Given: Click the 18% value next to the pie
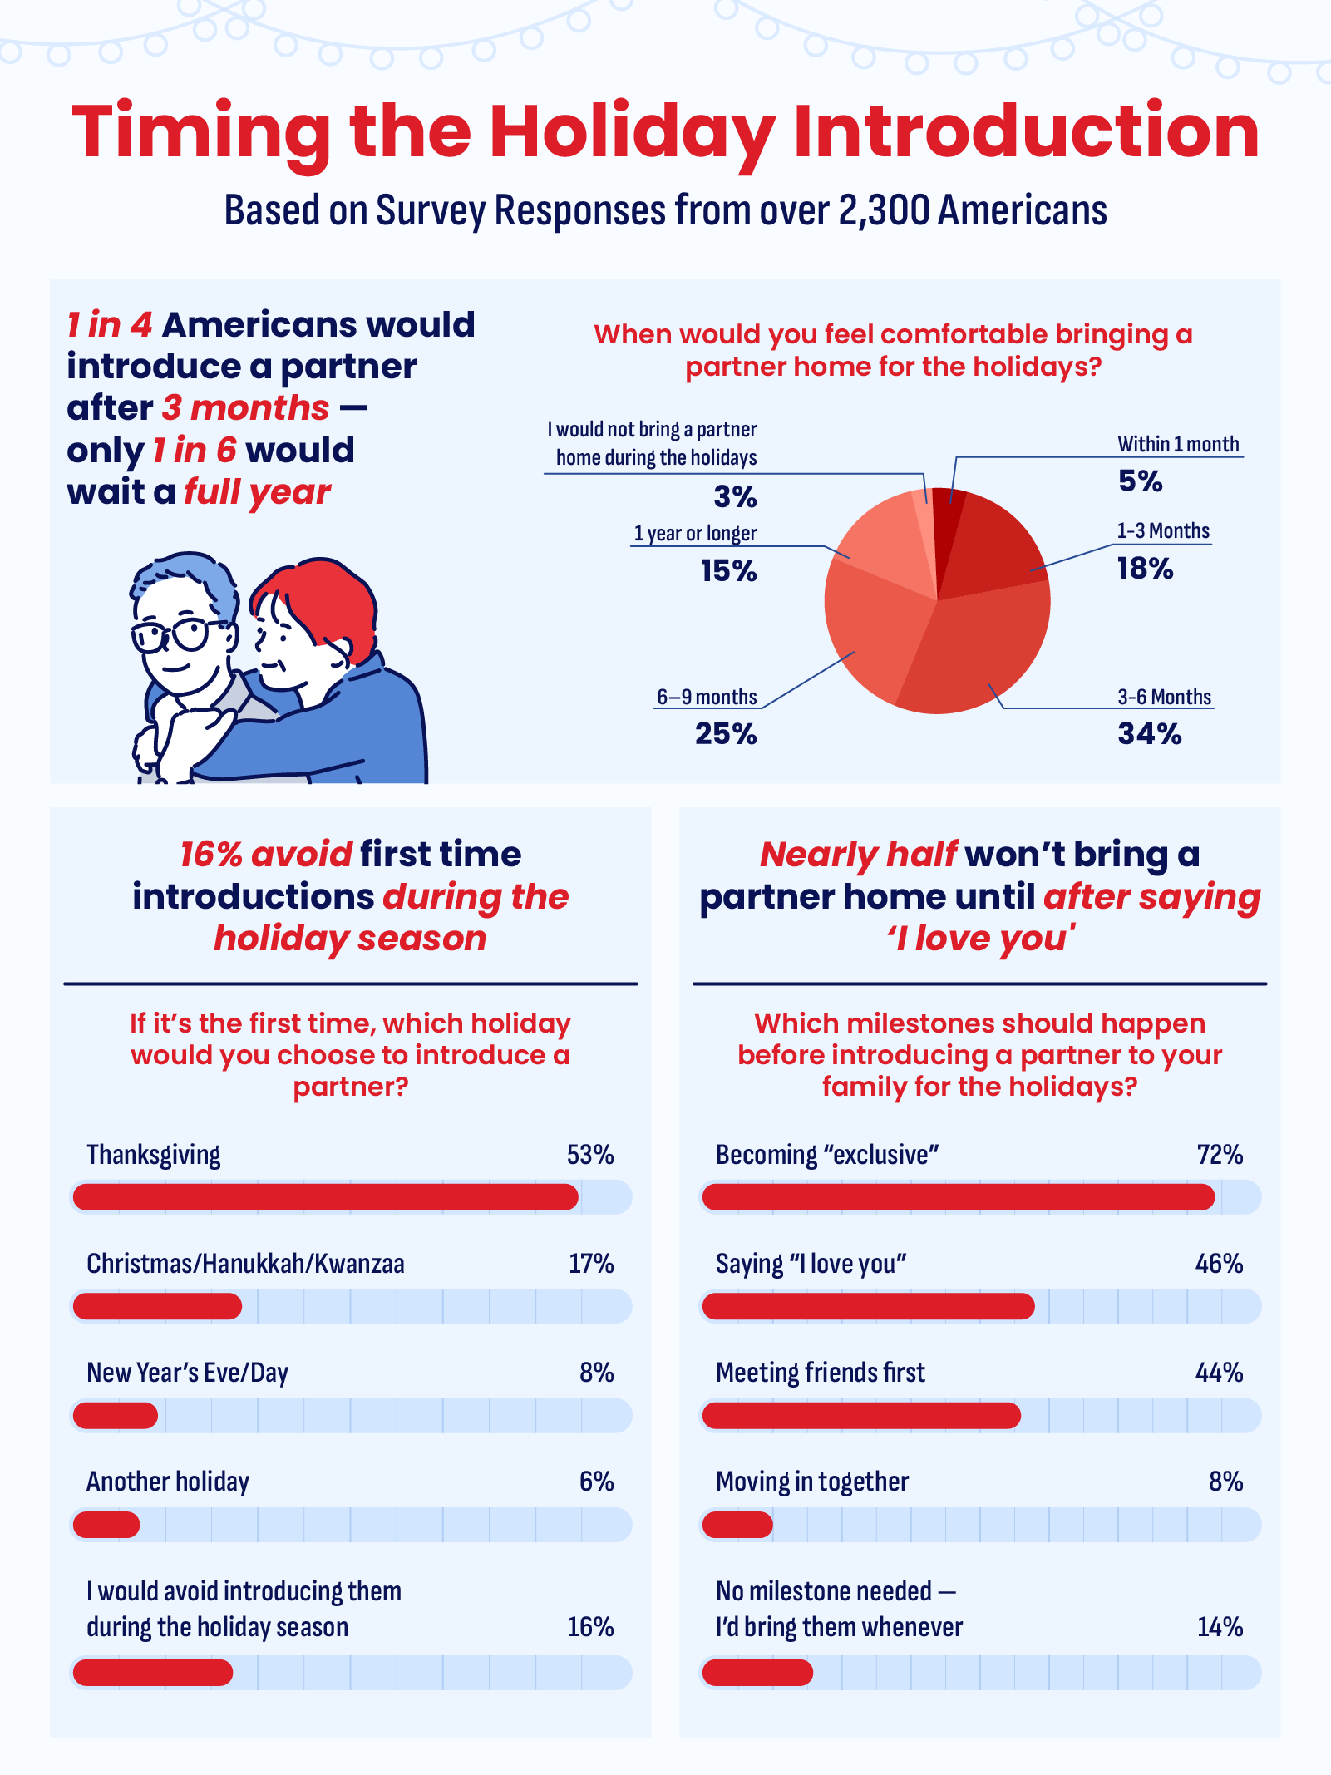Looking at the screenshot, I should [1145, 569].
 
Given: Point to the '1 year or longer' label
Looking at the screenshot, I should [695, 534].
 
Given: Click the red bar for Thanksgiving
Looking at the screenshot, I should [325, 1197].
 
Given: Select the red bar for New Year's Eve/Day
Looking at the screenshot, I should [116, 1415].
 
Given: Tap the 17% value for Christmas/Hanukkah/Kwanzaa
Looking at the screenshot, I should [591, 1264].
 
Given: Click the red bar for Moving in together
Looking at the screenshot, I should [737, 1525].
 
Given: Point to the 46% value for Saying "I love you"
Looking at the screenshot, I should [1219, 1264].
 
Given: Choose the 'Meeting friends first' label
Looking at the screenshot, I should [820, 1373].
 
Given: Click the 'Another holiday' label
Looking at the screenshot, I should [168, 1482].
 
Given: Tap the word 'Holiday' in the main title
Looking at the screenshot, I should [632, 133].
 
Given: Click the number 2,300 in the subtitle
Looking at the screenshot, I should [884, 210].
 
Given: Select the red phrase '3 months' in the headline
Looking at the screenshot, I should [246, 408].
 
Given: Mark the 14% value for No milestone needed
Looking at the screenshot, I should [1220, 1627].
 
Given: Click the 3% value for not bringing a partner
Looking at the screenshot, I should [735, 497].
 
